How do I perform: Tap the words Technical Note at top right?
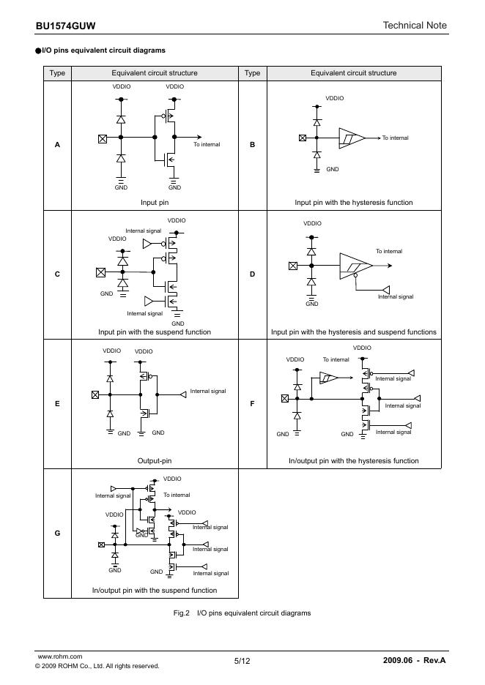point(414,26)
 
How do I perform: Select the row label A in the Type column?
point(57,145)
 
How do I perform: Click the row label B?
point(253,145)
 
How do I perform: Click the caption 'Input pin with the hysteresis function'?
point(353,203)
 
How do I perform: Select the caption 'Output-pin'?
point(155,461)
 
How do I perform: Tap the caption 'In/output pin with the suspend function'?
point(155,591)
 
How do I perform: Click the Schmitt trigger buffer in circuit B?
point(349,138)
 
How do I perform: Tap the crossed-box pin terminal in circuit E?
point(95,395)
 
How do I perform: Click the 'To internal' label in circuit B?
point(396,138)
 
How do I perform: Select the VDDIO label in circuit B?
point(334,98)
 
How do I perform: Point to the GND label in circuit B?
point(333,169)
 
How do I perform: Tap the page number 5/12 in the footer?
point(242,661)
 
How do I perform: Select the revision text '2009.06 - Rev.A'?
point(414,661)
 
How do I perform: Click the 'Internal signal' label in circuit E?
point(208,392)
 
